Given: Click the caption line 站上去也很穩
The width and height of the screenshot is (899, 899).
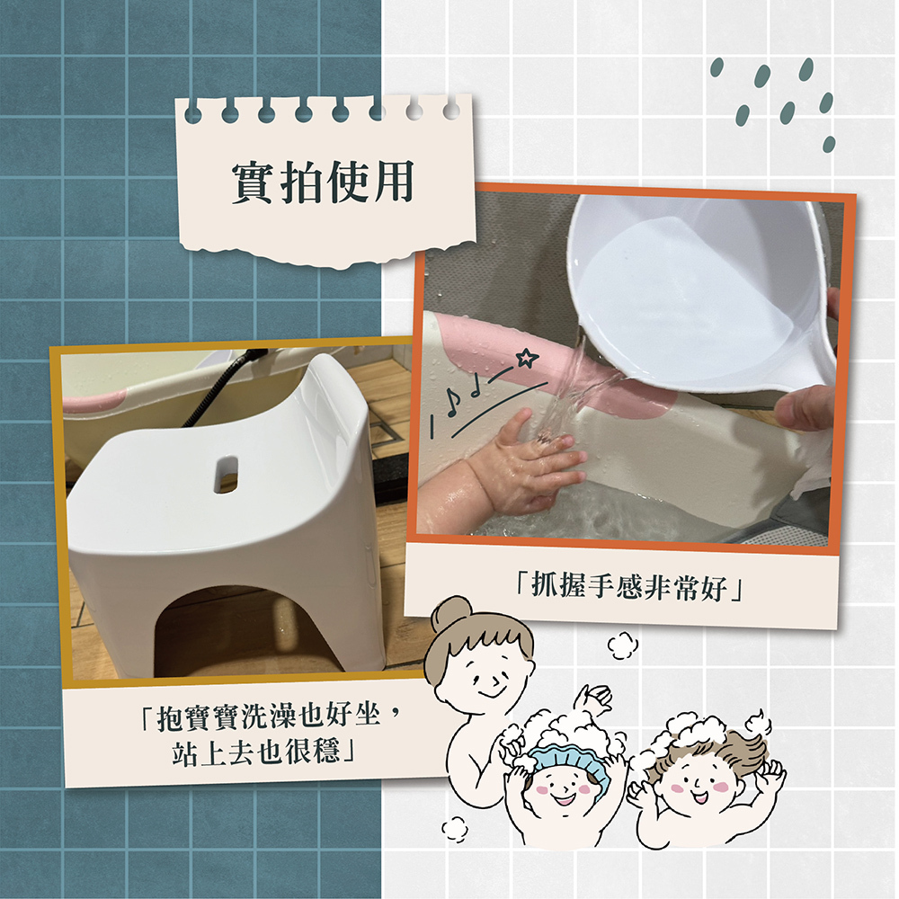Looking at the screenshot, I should pyautogui.click(x=261, y=749).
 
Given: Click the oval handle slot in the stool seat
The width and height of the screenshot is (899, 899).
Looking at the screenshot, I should pyautogui.click(x=227, y=474).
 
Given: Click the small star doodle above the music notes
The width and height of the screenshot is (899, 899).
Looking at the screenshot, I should pyautogui.click(x=528, y=359).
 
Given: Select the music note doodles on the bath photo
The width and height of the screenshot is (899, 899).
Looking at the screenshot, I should pyautogui.click(x=463, y=396).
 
